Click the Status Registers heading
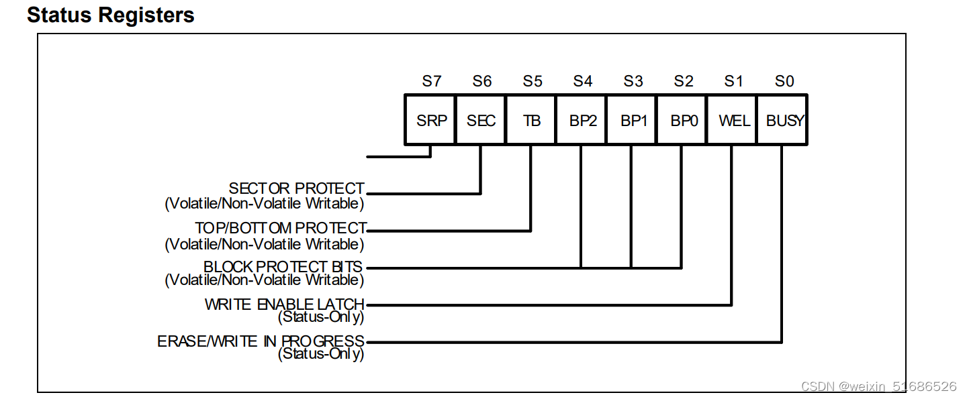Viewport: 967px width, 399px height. [x=111, y=15]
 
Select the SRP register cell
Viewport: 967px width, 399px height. [x=430, y=121]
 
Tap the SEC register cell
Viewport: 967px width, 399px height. [x=481, y=121]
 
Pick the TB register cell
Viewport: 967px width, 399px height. [x=531, y=121]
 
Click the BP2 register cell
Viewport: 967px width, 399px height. [x=582, y=121]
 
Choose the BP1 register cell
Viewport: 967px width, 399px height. [x=632, y=121]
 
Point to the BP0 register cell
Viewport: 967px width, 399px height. [x=682, y=121]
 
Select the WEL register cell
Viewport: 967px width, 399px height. [x=733, y=121]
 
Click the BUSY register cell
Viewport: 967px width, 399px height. [x=783, y=121]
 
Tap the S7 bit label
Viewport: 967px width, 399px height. [x=432, y=81]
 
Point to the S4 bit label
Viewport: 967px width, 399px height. [x=583, y=81]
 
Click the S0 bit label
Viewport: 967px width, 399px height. [x=784, y=81]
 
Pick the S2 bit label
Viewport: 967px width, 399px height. [x=684, y=81]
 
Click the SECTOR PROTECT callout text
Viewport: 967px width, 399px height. [x=296, y=188]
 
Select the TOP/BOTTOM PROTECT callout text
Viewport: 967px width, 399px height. [x=281, y=228]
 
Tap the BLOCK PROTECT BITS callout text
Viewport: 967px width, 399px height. [x=283, y=267]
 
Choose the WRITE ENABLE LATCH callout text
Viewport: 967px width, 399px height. [x=284, y=304]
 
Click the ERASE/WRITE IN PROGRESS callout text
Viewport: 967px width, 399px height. [x=261, y=341]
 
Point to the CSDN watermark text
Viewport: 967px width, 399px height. [x=878, y=386]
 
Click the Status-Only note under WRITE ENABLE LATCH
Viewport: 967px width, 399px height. [x=321, y=317]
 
